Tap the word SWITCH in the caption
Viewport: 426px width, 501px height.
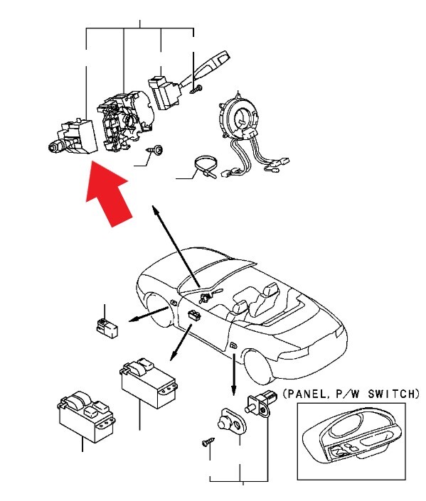click(x=393, y=394)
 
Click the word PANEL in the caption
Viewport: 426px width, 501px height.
click(x=306, y=394)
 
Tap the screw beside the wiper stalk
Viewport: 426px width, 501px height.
click(x=196, y=89)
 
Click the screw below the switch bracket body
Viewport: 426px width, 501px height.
click(x=154, y=150)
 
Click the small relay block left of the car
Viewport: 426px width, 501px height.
click(x=107, y=327)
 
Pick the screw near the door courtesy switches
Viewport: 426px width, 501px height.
click(x=208, y=442)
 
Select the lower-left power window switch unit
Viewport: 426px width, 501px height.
click(x=86, y=416)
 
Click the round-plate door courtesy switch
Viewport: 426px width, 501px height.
click(x=231, y=422)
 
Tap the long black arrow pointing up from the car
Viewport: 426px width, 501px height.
click(x=176, y=246)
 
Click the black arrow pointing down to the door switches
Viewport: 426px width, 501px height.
click(x=234, y=374)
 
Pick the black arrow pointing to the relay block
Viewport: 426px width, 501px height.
click(x=149, y=314)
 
